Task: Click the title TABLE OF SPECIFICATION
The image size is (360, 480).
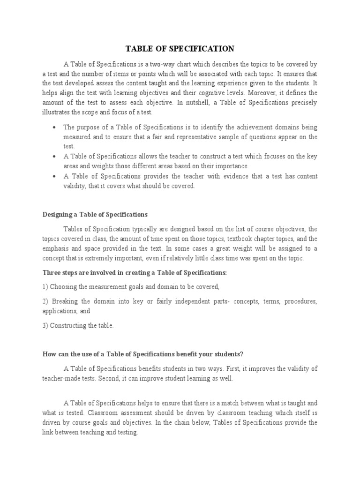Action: tap(180, 49)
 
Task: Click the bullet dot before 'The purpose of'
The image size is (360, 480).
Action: tap(55, 127)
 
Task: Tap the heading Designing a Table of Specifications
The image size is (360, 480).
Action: tap(95, 215)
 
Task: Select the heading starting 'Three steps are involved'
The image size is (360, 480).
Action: tap(135, 272)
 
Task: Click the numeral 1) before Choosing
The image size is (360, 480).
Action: tap(45, 286)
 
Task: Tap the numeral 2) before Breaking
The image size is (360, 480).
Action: tap(45, 301)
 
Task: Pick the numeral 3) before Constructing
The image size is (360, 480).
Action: tap(45, 325)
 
